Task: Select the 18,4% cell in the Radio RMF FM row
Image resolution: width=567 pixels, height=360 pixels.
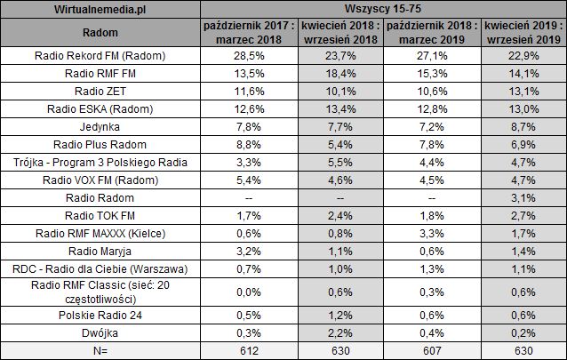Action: [337, 75]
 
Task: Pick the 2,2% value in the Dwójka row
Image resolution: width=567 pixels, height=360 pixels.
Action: [337, 333]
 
